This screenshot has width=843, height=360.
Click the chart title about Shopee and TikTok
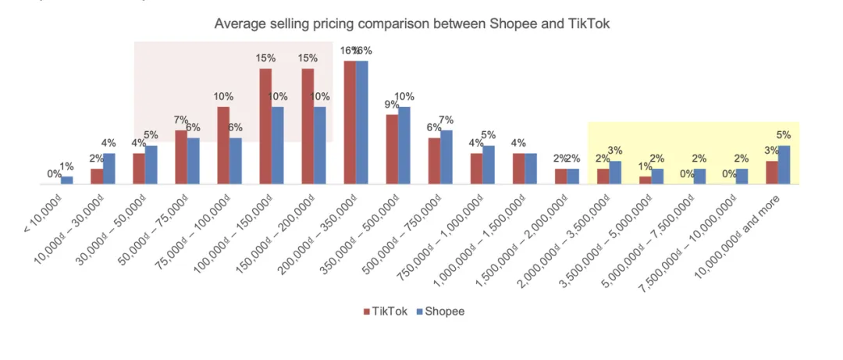(x=412, y=23)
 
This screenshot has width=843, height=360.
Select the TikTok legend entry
(x=384, y=312)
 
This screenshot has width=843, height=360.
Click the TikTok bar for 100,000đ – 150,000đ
(x=265, y=127)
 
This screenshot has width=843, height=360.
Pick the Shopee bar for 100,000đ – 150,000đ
(x=277, y=145)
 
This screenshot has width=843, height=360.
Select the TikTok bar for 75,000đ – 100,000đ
(x=223, y=145)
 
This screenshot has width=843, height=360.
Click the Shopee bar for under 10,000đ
(x=67, y=180)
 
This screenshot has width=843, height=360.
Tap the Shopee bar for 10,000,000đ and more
(x=784, y=165)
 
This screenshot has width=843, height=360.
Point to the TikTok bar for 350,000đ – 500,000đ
(x=392, y=149)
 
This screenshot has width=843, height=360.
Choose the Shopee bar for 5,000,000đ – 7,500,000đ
(x=699, y=176)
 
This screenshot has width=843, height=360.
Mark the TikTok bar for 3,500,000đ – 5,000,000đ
(x=645, y=180)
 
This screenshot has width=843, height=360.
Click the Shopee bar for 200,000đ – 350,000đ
(x=362, y=123)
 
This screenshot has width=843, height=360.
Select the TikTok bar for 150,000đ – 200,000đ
(x=308, y=127)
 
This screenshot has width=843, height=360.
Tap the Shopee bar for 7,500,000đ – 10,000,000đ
(x=742, y=176)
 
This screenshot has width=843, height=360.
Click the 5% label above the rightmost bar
(x=784, y=134)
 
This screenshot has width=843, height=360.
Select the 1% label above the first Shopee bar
(x=67, y=166)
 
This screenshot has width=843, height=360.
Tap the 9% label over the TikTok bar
(x=392, y=104)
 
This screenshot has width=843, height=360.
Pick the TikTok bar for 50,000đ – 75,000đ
(x=181, y=157)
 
